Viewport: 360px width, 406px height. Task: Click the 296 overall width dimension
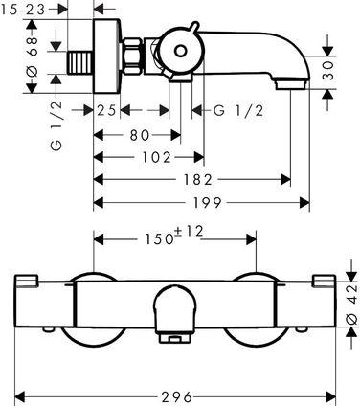(x=176, y=397)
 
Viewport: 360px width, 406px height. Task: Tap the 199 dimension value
(x=208, y=203)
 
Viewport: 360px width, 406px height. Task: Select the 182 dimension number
(x=197, y=180)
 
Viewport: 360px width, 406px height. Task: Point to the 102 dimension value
(x=156, y=157)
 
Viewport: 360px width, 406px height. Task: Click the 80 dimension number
(x=140, y=135)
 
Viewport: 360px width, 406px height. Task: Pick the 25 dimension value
(x=106, y=111)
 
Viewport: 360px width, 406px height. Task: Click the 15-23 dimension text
(x=22, y=10)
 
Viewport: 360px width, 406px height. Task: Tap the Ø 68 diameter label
(x=33, y=56)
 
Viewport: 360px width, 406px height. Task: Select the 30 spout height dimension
(x=328, y=71)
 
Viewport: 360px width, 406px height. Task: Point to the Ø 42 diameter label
(x=352, y=304)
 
